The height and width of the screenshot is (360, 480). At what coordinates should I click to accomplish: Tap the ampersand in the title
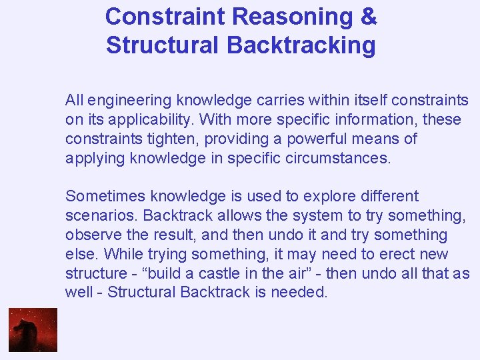(369, 17)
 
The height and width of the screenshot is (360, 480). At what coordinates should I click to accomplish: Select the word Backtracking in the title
(301, 45)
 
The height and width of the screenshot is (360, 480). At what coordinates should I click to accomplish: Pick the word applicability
(145, 120)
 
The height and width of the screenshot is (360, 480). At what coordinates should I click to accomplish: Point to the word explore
(327, 197)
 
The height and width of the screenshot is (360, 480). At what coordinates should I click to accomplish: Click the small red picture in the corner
(33, 329)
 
